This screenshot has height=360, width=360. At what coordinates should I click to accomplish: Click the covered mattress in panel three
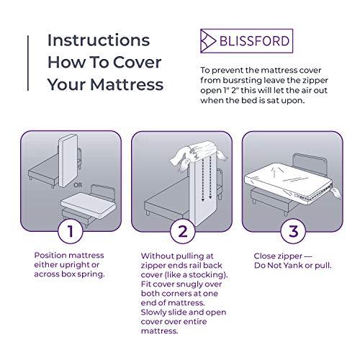[x=282, y=174]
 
